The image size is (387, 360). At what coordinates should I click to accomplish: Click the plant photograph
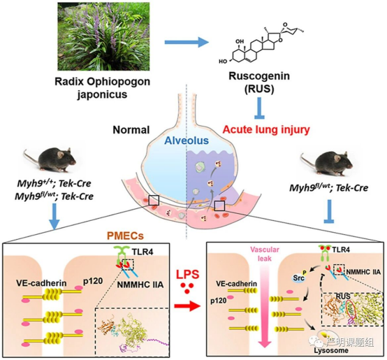(x=103, y=36)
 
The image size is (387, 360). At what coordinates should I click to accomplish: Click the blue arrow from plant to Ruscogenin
(x=187, y=42)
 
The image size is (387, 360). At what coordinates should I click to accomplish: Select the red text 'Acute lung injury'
(x=266, y=129)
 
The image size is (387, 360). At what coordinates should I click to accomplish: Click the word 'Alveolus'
(x=187, y=141)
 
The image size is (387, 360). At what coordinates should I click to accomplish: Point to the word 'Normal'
(x=131, y=130)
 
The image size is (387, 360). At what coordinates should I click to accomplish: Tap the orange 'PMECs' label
(x=125, y=236)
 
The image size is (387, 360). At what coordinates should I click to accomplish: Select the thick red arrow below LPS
(x=187, y=306)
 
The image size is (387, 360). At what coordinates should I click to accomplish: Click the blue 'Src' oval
(x=298, y=278)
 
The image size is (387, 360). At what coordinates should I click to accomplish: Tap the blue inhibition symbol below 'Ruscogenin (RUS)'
(x=260, y=108)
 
